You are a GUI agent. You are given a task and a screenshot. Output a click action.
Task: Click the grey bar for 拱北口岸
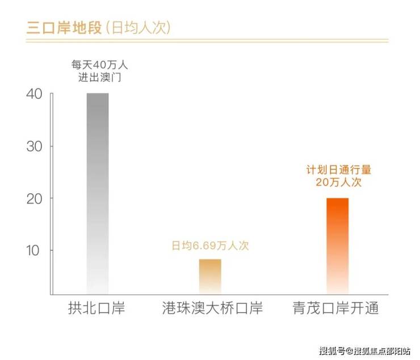[x=98, y=193]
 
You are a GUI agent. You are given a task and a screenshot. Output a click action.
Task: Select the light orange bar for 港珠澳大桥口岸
[x=210, y=276]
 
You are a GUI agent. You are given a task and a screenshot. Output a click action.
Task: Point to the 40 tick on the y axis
[x=33, y=94]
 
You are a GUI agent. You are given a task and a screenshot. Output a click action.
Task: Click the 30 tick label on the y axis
[x=33, y=146]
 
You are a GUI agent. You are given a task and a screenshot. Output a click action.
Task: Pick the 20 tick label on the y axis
[x=33, y=198]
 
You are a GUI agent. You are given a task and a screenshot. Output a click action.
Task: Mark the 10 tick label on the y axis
[x=33, y=250]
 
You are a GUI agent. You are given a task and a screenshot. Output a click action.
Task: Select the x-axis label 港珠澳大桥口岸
[x=210, y=309]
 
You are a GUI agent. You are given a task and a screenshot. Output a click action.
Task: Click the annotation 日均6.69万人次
[x=211, y=246]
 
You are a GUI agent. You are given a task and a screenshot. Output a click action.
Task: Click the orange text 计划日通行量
[x=338, y=170]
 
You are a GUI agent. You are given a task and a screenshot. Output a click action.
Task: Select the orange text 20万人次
[x=338, y=183]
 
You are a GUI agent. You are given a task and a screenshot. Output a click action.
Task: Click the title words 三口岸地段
[x=62, y=27]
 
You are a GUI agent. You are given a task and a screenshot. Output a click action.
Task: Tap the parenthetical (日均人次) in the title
[x=136, y=27]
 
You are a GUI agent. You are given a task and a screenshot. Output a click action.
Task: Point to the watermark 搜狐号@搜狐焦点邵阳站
[x=363, y=349]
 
